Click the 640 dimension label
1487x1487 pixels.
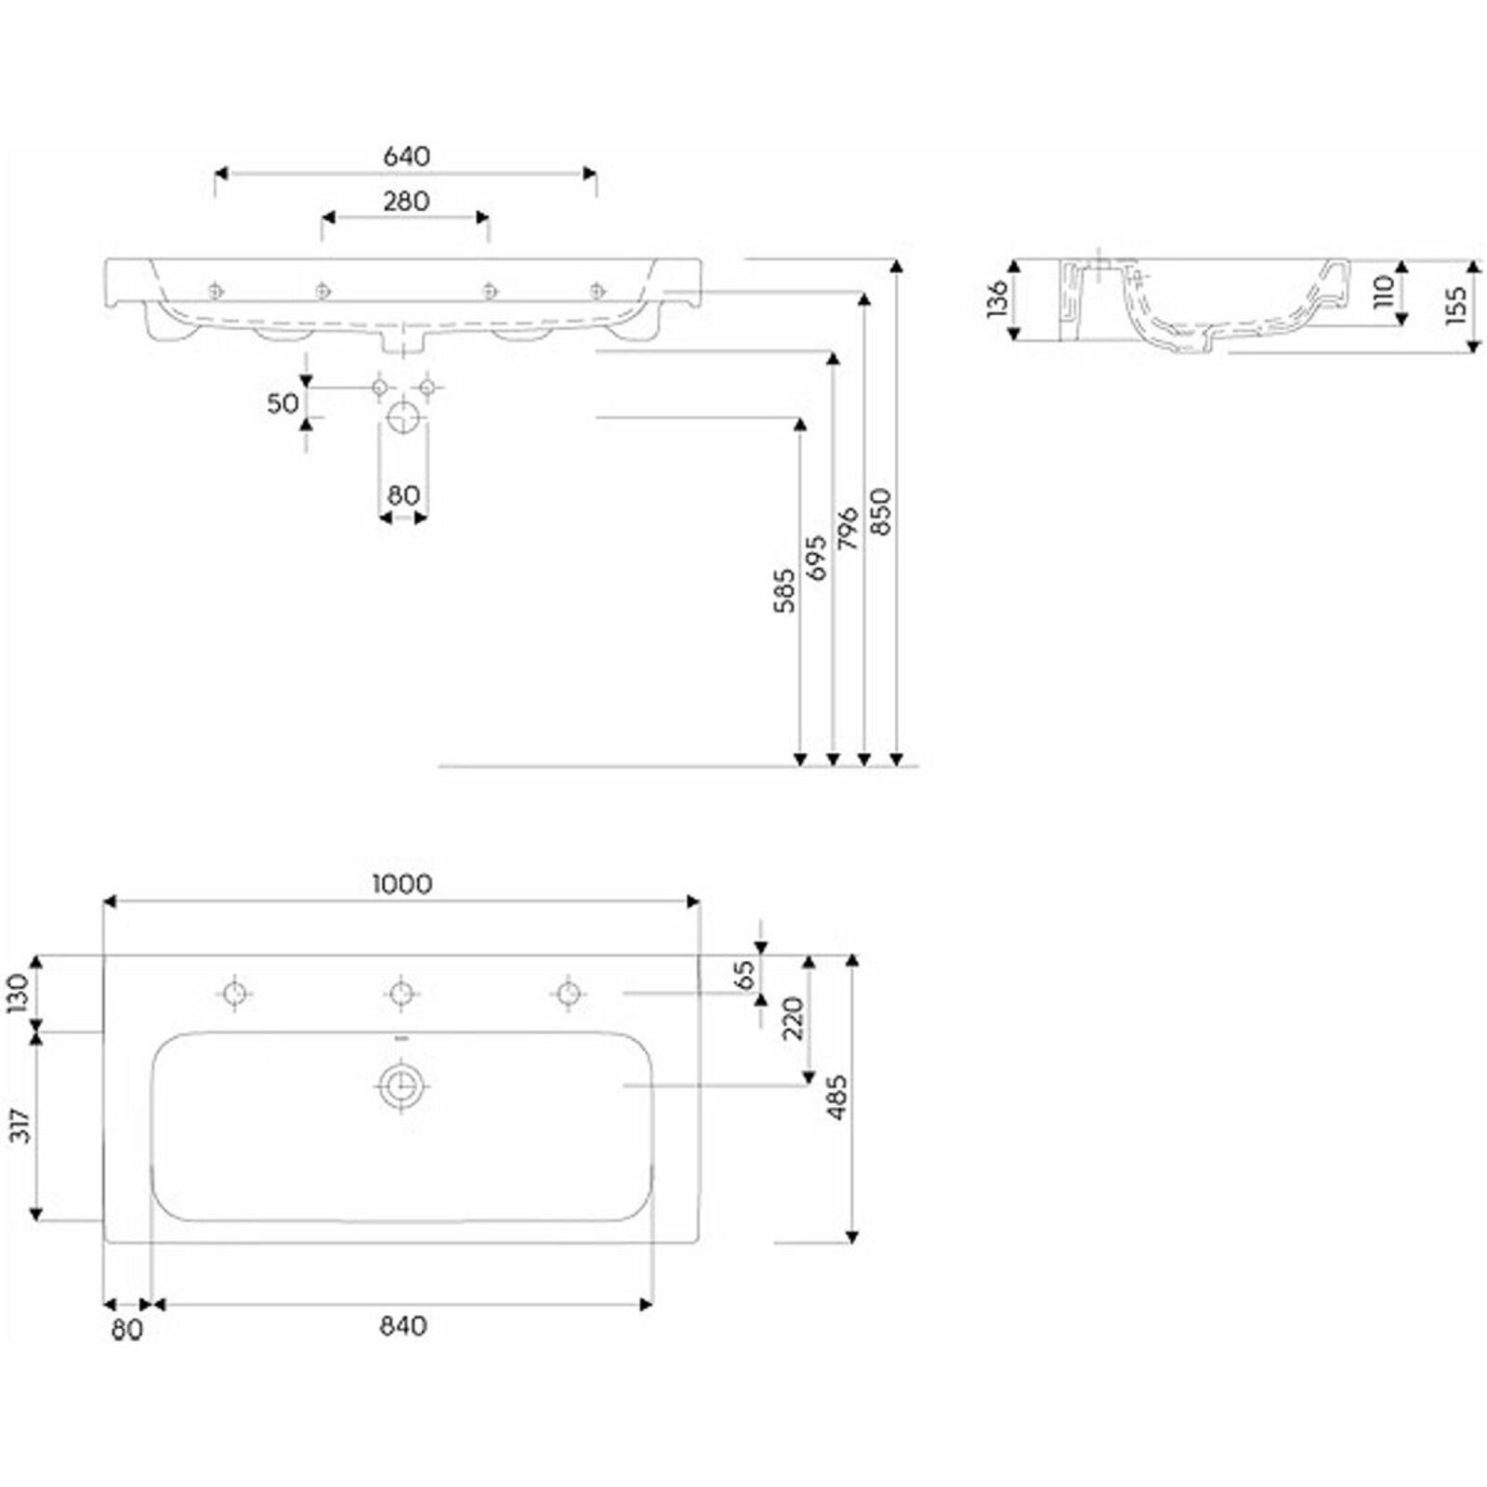(406, 157)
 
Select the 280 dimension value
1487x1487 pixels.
(406, 201)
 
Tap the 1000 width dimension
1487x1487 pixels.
(402, 884)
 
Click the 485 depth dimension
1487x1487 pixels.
(837, 1097)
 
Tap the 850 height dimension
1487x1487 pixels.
(881, 511)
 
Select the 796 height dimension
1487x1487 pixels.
(849, 528)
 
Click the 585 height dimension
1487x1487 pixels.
(784, 591)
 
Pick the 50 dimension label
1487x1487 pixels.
(283, 403)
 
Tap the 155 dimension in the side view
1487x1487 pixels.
(1456, 305)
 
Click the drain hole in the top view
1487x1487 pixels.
(401, 1085)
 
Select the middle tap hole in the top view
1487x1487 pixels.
(401, 994)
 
